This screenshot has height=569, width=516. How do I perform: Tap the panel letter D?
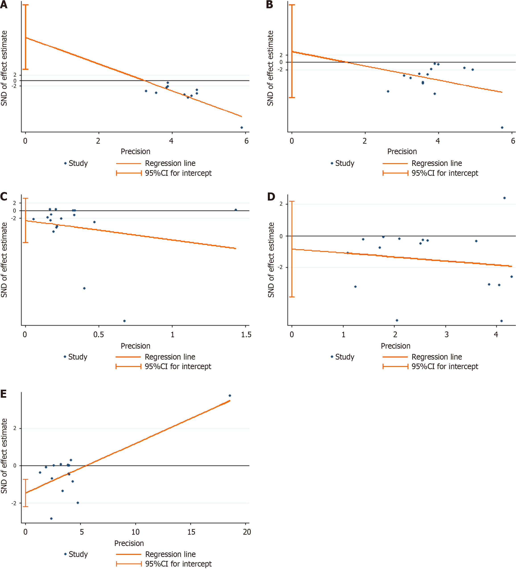[271, 197]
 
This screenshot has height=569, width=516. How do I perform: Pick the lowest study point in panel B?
[502, 128]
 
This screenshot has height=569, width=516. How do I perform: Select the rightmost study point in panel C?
[236, 210]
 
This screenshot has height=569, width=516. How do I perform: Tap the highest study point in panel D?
[504, 198]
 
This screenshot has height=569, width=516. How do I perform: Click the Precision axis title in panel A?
[136, 152]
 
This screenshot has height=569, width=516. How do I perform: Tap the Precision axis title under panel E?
[129, 543]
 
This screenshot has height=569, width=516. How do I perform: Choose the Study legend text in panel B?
[344, 163]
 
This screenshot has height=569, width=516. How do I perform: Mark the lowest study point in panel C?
[124, 321]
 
